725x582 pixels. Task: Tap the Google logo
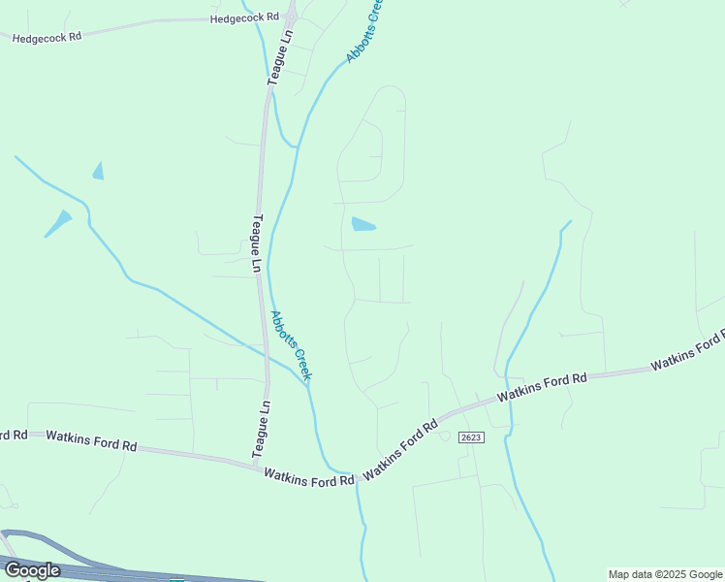tap(32, 570)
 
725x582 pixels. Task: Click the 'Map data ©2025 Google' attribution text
tap(666, 574)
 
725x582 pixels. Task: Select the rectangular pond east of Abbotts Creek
tap(362, 224)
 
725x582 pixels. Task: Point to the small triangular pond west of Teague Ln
tap(98, 172)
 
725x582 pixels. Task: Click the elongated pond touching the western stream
tap(59, 223)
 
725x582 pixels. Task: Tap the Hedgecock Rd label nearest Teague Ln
tap(244, 17)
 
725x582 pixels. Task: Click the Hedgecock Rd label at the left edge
tap(46, 36)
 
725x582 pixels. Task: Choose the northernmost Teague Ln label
tap(279, 57)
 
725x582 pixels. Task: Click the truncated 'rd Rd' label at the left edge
tap(14, 435)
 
